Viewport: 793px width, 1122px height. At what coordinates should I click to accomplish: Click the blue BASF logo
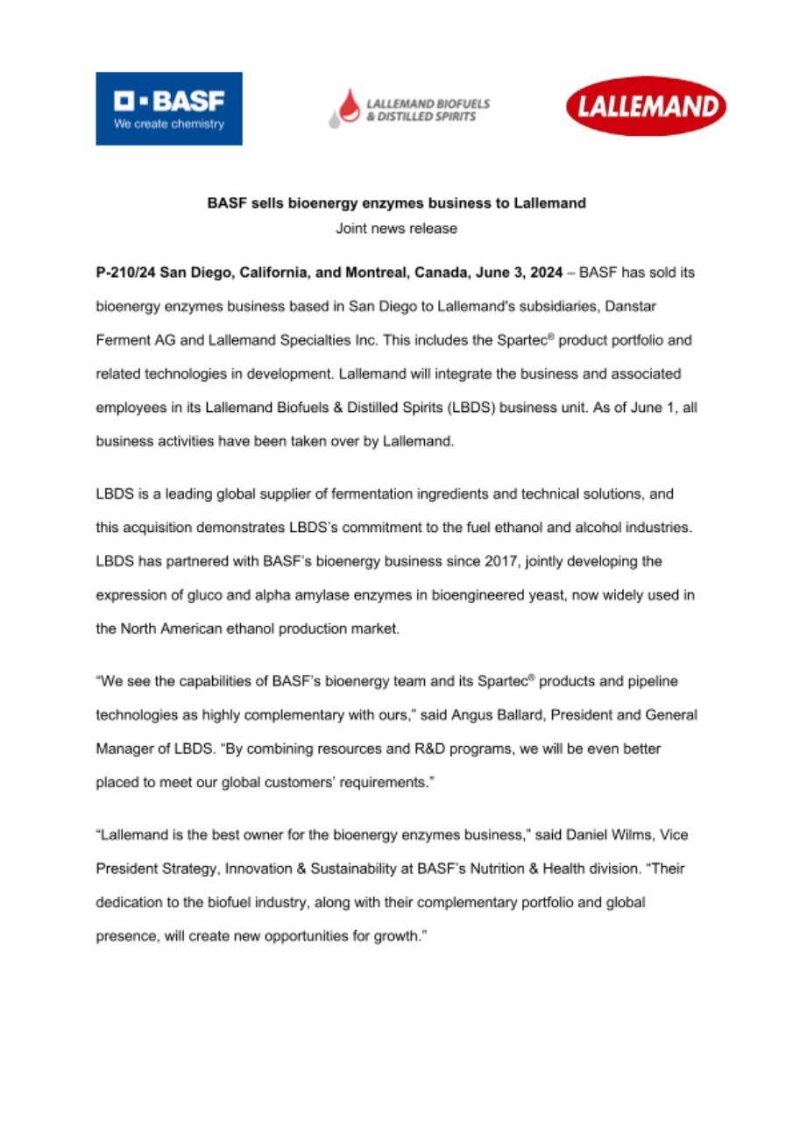[169, 109]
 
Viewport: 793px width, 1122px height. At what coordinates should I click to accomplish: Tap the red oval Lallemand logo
[647, 107]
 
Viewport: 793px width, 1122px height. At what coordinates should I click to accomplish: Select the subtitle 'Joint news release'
[396, 229]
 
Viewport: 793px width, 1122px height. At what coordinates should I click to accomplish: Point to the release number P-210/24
[125, 273]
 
